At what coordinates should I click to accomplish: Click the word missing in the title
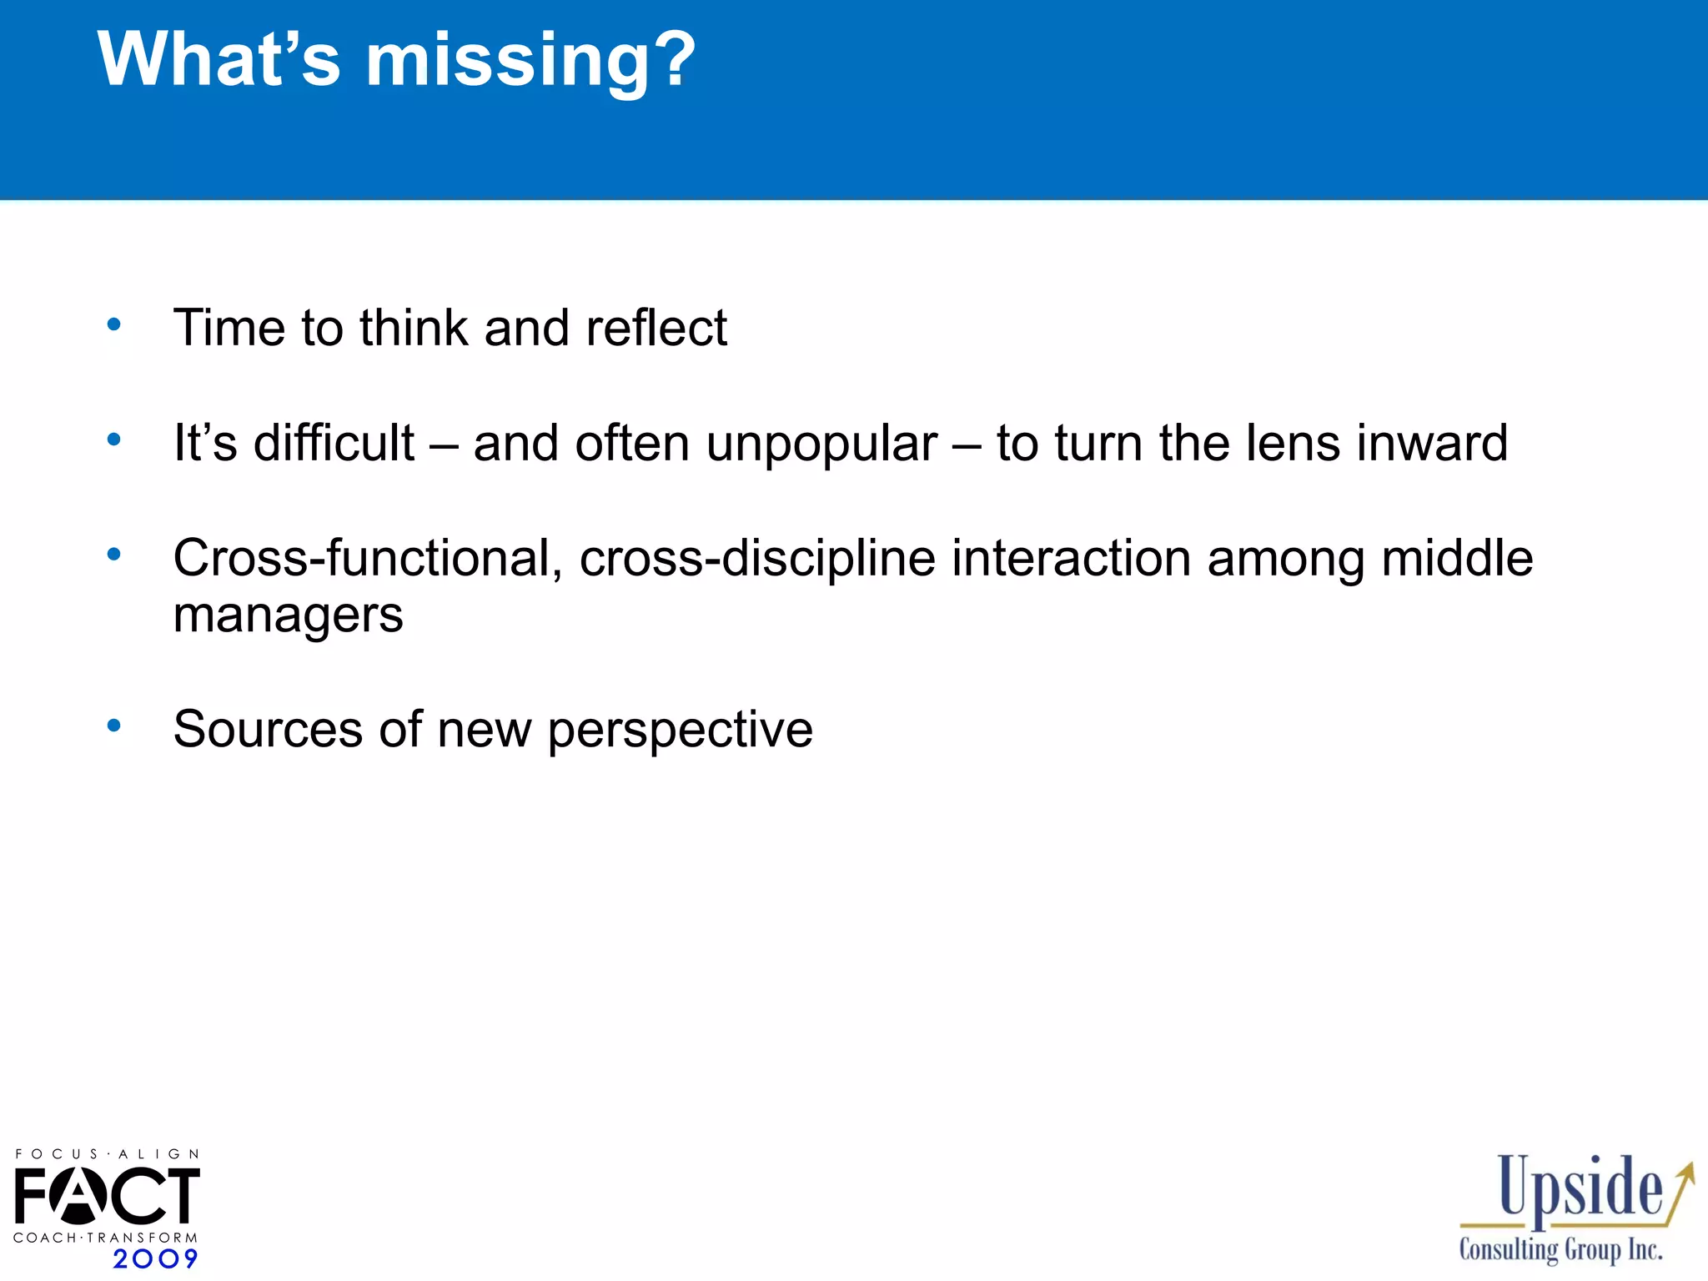[506, 60]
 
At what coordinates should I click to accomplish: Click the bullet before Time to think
[114, 324]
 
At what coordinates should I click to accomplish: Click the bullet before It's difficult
[114, 439]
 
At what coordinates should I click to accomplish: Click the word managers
[288, 616]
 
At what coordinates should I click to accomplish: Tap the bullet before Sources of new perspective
[114, 726]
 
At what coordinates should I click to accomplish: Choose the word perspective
[680, 731]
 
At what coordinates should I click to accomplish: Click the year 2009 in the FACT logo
[155, 1258]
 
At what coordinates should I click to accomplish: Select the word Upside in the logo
[1580, 1189]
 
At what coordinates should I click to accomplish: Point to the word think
[414, 327]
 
